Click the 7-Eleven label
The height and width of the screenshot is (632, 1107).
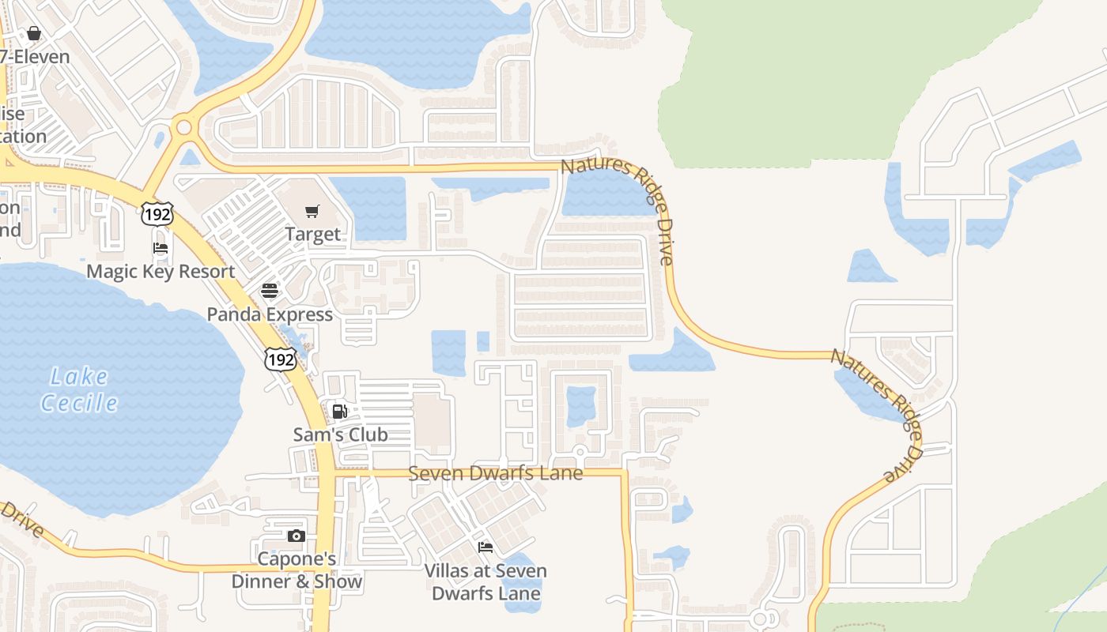coord(35,57)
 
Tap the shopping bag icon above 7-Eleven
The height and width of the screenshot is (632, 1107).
coord(33,33)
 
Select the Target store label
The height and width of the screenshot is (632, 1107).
coord(313,234)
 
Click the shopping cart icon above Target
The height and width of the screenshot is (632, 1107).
coord(312,211)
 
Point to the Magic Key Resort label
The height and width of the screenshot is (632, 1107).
coord(161,271)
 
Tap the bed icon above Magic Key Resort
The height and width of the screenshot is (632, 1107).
coord(161,248)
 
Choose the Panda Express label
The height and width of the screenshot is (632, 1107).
coord(270,314)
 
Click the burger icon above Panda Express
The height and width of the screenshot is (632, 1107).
coord(270,290)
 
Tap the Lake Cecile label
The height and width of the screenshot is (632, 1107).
coord(79,389)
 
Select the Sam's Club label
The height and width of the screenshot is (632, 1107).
coord(341,434)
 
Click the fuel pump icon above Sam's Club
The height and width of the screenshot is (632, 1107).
coord(340,411)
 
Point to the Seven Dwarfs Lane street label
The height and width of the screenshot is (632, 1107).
coord(496,473)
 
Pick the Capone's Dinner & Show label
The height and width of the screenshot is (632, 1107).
coord(297,570)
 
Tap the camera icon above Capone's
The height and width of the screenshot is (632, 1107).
coord(297,536)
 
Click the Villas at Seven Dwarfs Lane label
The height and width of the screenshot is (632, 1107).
coord(485,581)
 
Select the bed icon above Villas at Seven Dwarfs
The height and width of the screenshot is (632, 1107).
coord(485,547)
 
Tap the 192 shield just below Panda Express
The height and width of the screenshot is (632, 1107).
coord(280,359)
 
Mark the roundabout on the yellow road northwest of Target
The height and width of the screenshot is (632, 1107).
coord(184,126)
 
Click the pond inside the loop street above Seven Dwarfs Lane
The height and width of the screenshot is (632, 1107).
coord(581,406)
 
